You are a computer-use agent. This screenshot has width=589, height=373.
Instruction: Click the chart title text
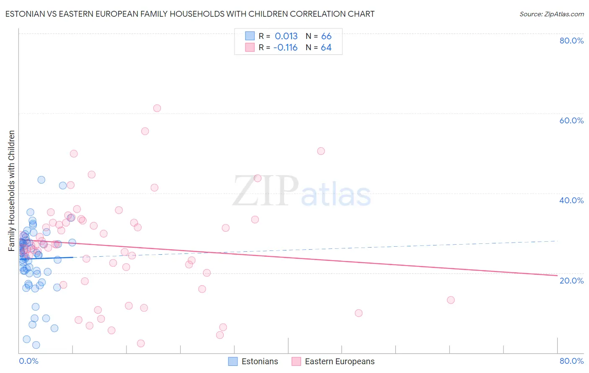pyautogui.click(x=190, y=14)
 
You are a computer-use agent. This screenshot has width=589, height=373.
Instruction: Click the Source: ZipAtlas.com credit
pyautogui.click(x=551, y=14)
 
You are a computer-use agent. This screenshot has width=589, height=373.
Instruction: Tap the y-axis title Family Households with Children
pyautogui.click(x=11, y=191)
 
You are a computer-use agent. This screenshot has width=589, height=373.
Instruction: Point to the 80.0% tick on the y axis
pyautogui.click(x=571, y=41)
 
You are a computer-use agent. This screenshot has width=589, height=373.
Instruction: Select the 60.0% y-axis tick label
pyautogui.click(x=571, y=120)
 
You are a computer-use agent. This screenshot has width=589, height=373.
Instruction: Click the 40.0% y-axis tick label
pyautogui.click(x=571, y=200)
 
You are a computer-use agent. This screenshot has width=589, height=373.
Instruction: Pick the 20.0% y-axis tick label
pyautogui.click(x=571, y=280)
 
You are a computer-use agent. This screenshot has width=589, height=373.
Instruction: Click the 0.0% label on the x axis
pyautogui.click(x=28, y=361)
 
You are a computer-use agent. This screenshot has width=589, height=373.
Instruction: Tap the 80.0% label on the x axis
pyautogui.click(x=571, y=361)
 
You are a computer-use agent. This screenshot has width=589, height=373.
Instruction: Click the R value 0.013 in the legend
pyautogui.click(x=286, y=36)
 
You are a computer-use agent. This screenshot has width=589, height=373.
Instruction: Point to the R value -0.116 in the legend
pyautogui.click(x=285, y=48)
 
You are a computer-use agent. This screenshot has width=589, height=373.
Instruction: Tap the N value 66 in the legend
pyautogui.click(x=326, y=36)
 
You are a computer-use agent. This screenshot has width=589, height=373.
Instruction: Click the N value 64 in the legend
pyautogui.click(x=326, y=48)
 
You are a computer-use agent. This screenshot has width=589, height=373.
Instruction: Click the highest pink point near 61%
pyautogui.click(x=157, y=108)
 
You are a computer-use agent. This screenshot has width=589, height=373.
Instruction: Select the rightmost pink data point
pyautogui.click(x=451, y=300)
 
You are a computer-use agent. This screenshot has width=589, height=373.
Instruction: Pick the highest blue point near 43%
pyautogui.click(x=41, y=180)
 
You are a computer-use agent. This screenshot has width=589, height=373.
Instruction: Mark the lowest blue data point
pyautogui.click(x=36, y=345)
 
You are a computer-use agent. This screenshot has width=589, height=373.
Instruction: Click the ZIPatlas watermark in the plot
pyautogui.click(x=302, y=192)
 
